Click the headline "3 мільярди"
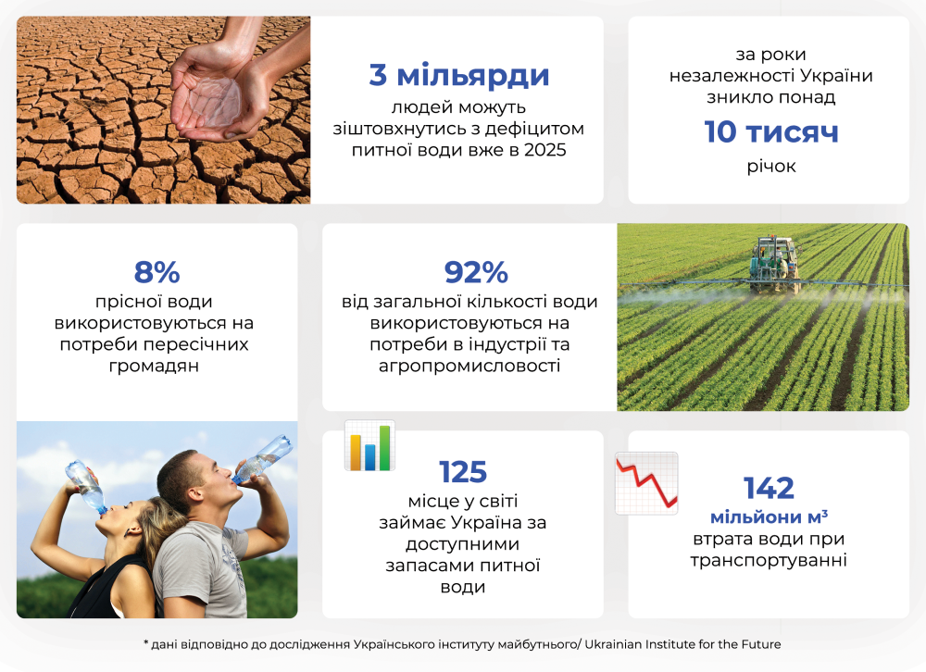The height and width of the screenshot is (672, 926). [x=459, y=75]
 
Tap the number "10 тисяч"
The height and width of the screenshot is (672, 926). [x=770, y=132]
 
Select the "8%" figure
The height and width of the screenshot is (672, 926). [x=156, y=273]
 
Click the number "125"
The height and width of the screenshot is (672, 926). [x=463, y=472]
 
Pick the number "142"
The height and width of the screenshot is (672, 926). [x=769, y=488]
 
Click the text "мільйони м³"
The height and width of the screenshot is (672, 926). [x=769, y=516]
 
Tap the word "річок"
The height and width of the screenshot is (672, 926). [x=770, y=168]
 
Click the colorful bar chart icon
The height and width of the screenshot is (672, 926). [x=369, y=446]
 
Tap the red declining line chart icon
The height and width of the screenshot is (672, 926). [x=646, y=482]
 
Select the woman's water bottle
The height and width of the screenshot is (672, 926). [x=86, y=487]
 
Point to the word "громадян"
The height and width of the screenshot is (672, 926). [x=156, y=366]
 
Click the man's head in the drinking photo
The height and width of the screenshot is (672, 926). [x=197, y=478]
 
